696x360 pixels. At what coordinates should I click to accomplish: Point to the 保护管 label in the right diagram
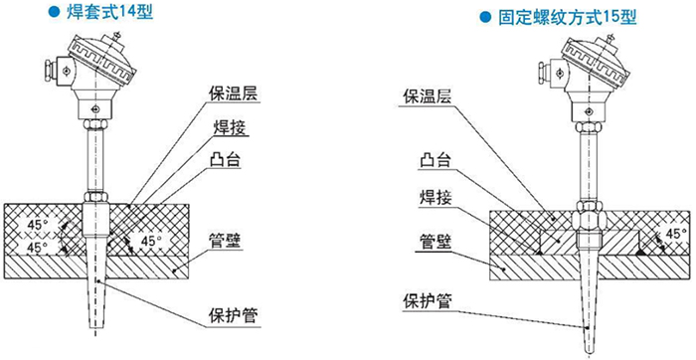coord(425,300)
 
